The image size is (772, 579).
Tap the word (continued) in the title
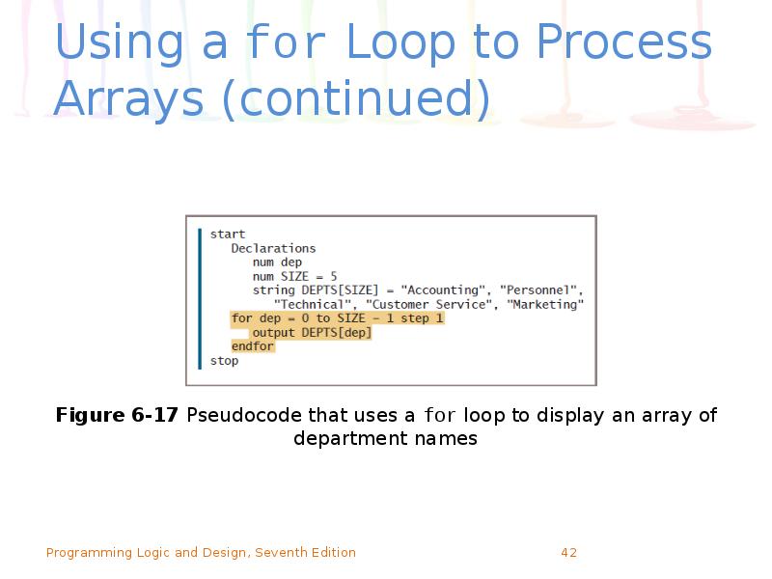pos(355,99)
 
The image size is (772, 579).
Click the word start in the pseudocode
pos(228,234)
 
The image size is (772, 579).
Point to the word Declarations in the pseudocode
pos(273,248)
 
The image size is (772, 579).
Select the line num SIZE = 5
pos(294,276)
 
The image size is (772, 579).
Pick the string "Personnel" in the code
pos(540,290)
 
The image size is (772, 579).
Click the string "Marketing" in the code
pos(545,305)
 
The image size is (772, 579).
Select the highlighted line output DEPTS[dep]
pos(311,333)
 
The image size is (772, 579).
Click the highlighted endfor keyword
pos(253,346)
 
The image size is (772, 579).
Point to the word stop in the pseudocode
pos(224,361)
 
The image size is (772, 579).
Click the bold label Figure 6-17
pos(117,416)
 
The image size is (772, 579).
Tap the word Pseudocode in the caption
pos(245,416)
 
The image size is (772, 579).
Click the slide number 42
pos(568,553)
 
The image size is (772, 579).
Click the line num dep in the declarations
pos(277,262)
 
